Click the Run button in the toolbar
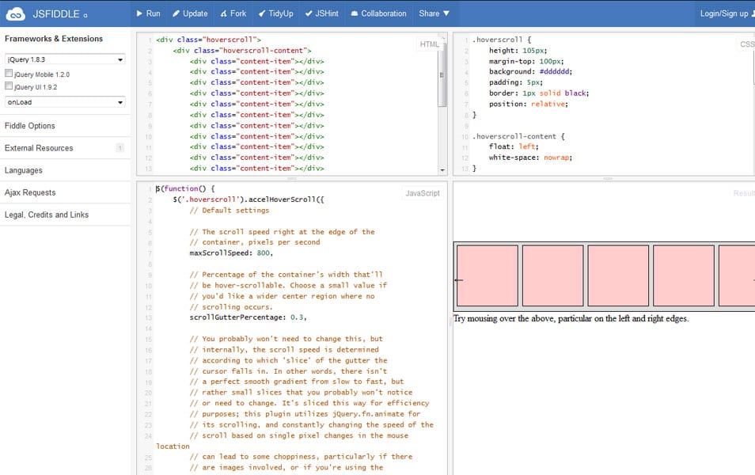pyautogui.click(x=148, y=13)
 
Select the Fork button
pyautogui.click(x=233, y=13)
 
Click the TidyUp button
pyautogui.click(x=276, y=13)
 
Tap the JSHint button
pyautogui.click(x=322, y=13)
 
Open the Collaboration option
pyautogui.click(x=379, y=13)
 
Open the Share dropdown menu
pyautogui.click(x=434, y=13)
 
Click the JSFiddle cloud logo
pyautogui.click(x=15, y=14)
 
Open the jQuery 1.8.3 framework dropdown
pyautogui.click(x=65, y=59)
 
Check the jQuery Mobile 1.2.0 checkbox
pyautogui.click(x=9, y=73)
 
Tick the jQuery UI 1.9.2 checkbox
pyautogui.click(x=9, y=85)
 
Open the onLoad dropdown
pyautogui.click(x=65, y=102)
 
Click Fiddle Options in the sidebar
pyautogui.click(x=30, y=126)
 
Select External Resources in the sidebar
pyautogui.click(x=39, y=148)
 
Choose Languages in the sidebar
pyautogui.click(x=24, y=170)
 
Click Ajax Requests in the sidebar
pyautogui.click(x=30, y=192)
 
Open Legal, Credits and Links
pyautogui.click(x=47, y=215)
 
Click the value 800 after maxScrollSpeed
pyautogui.click(x=264, y=253)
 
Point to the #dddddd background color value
pyautogui.click(x=555, y=71)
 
